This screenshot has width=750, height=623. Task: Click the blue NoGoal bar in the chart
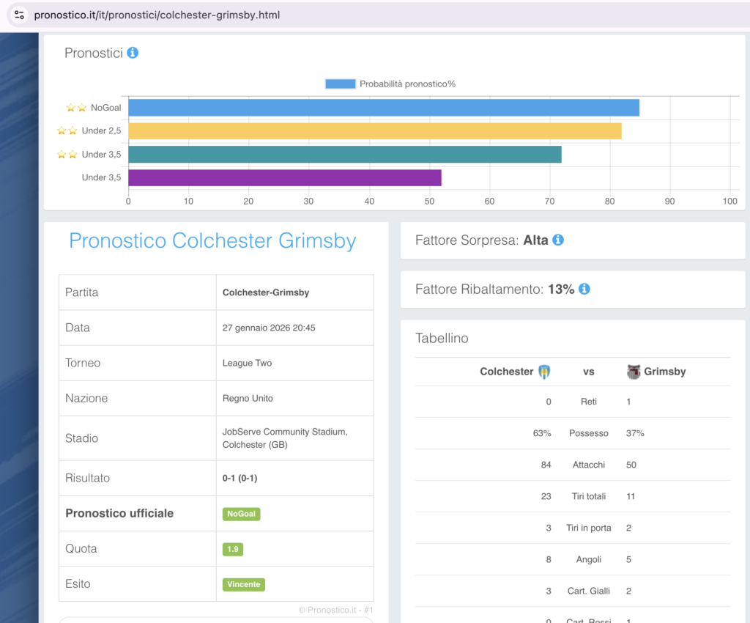tap(384, 108)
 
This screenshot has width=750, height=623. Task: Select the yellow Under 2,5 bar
tap(375, 131)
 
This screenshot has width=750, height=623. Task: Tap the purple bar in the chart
tap(285, 178)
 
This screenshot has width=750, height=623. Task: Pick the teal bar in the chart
tap(345, 155)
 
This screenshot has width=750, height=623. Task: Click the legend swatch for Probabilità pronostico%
tap(340, 84)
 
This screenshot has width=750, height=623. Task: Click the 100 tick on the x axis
tap(729, 202)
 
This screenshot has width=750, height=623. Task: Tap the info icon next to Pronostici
tap(133, 53)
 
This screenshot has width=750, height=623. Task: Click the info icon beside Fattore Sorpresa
tap(558, 240)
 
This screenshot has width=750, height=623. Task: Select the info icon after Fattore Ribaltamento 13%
tap(584, 289)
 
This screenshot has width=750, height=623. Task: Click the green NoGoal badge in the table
tap(241, 514)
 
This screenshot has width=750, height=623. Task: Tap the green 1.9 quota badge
tap(233, 549)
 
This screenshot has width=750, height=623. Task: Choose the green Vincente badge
tap(243, 584)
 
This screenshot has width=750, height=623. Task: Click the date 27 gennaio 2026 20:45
tap(269, 328)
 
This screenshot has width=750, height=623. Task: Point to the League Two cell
tap(248, 363)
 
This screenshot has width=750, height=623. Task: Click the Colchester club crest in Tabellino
tap(544, 372)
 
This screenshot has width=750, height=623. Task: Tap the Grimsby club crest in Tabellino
tap(634, 372)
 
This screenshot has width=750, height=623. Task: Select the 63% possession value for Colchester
tap(542, 433)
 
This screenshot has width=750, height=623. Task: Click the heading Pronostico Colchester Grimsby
tap(212, 240)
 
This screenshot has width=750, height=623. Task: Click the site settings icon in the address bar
tap(20, 15)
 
